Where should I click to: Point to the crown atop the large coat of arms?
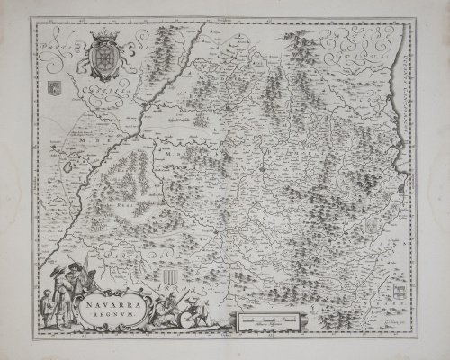(x=106, y=34)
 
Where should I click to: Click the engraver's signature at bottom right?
(x=396, y=331)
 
